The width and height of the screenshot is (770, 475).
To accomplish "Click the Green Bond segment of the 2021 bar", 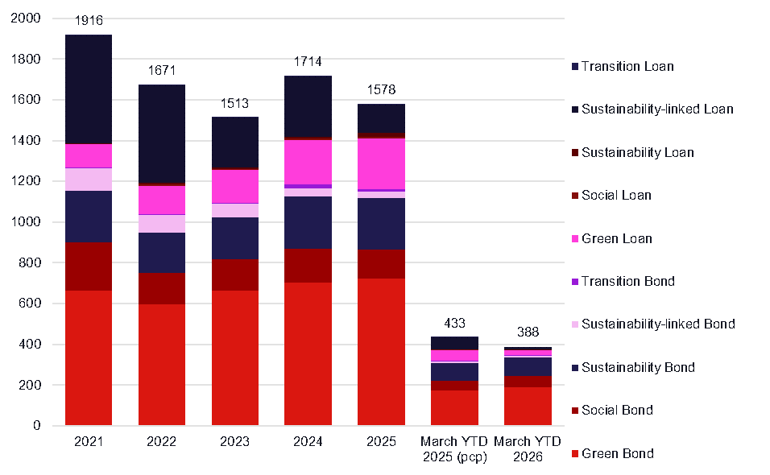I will (x=89, y=357).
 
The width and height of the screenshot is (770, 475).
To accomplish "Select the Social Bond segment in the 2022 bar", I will (x=162, y=288).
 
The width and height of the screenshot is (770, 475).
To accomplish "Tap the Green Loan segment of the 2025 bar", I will (x=381, y=163).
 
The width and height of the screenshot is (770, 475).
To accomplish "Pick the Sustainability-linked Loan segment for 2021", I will (x=89, y=89).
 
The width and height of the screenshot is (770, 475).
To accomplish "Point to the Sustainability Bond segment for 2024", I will (x=308, y=222).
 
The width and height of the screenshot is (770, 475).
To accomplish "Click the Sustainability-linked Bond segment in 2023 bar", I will (x=235, y=210).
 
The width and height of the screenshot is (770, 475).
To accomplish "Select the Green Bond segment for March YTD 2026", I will (x=528, y=406).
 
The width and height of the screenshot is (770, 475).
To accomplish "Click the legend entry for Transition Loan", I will (x=627, y=66).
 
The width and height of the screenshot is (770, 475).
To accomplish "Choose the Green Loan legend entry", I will (x=617, y=238).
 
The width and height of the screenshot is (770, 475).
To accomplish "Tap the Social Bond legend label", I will (x=617, y=411).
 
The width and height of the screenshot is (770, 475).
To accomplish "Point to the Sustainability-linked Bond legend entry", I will (x=658, y=324).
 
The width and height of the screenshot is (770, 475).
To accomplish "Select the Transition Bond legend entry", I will (x=628, y=282).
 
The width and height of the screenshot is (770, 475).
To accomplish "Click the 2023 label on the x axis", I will (x=235, y=442).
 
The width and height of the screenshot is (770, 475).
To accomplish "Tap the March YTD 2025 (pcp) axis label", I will (x=454, y=449).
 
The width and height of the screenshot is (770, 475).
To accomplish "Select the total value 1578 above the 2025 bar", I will (x=381, y=90).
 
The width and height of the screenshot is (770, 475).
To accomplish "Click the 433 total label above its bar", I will (x=454, y=324).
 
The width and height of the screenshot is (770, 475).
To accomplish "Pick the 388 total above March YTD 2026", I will (x=528, y=332).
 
